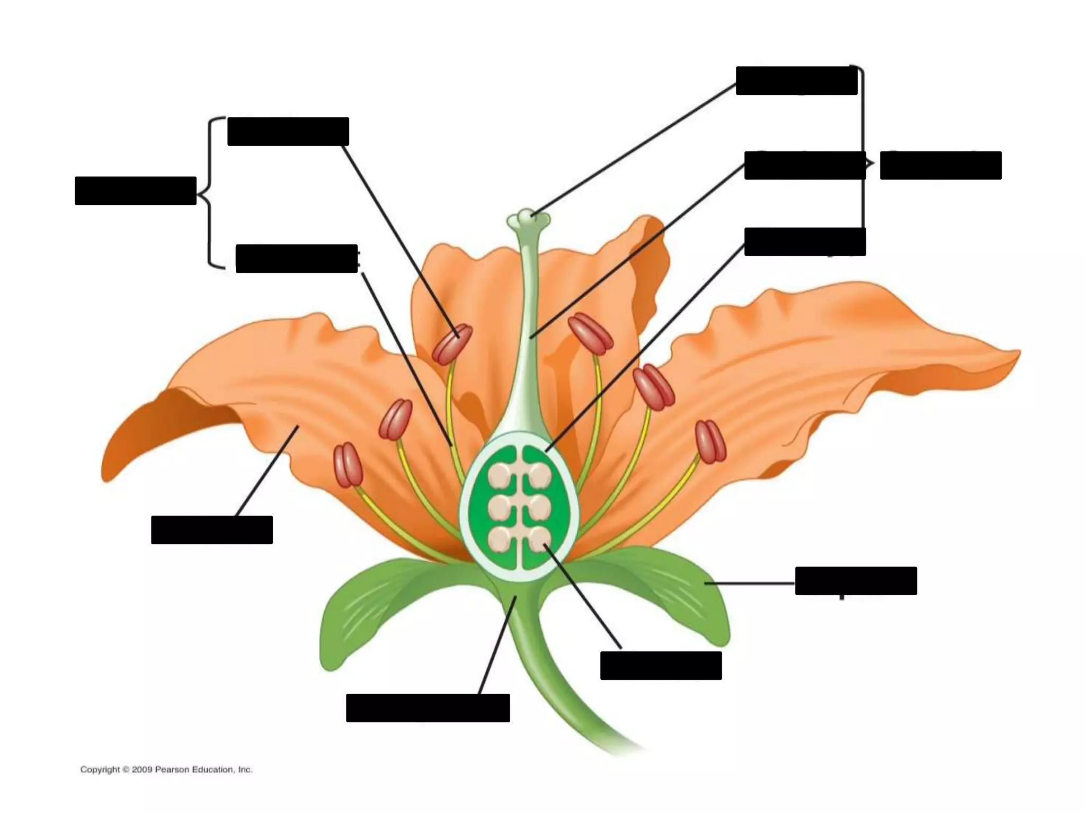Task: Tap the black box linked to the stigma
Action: click(x=796, y=81)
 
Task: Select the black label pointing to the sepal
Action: click(x=856, y=581)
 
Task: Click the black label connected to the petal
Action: click(x=211, y=529)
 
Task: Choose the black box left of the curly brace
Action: click(x=136, y=191)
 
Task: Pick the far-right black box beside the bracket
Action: click(x=940, y=165)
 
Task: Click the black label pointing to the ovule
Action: click(x=661, y=666)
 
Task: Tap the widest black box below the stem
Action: click(x=428, y=708)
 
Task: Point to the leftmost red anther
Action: click(x=348, y=465)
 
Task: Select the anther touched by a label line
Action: click(x=452, y=344)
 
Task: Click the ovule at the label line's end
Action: click(x=540, y=541)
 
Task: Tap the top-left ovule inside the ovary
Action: click(x=500, y=475)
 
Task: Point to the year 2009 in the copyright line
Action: click(x=142, y=769)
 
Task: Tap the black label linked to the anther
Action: click(x=288, y=131)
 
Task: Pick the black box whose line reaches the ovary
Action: click(x=805, y=242)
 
